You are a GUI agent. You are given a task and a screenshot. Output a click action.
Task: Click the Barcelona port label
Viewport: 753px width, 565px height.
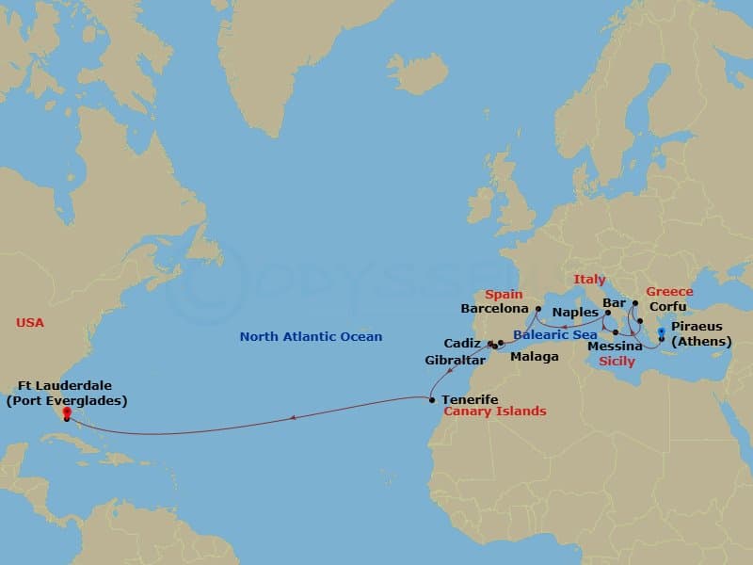[x=494, y=308]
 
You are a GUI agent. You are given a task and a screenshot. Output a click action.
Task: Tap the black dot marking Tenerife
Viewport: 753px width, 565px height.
[x=432, y=400]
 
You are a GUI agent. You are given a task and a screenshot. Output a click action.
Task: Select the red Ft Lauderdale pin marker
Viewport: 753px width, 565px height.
[x=66, y=412]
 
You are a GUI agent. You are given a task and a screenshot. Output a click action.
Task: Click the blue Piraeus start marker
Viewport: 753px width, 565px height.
[x=662, y=331]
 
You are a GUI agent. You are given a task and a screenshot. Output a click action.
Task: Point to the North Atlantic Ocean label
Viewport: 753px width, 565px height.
[x=311, y=337]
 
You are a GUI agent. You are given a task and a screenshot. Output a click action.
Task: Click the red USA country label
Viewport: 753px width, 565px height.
[x=30, y=323]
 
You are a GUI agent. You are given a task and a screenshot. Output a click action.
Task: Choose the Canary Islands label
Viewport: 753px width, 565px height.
[x=494, y=412]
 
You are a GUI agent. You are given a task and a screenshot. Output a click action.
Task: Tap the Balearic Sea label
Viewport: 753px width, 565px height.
[x=555, y=335]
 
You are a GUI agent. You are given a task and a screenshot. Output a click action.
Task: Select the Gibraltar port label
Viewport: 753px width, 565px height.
[x=456, y=361]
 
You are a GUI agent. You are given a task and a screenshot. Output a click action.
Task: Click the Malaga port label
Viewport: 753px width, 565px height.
[x=534, y=357]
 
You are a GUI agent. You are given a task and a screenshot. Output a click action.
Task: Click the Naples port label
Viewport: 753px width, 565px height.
[x=576, y=312]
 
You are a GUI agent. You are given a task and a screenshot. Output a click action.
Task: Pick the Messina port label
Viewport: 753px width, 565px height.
[x=615, y=347]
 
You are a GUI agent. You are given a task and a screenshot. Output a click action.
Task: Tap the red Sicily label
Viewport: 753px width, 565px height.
[x=617, y=361]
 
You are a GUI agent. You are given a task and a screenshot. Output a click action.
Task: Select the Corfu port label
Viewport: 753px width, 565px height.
[x=668, y=307]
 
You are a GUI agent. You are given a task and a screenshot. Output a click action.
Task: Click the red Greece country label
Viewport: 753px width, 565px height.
[x=669, y=292]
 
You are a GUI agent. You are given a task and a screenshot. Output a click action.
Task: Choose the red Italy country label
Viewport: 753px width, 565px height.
[x=590, y=280]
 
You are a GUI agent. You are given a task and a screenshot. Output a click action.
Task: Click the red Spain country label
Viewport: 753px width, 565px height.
[x=504, y=295]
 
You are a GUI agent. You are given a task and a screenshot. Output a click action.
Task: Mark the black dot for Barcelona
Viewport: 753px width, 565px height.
[x=536, y=308]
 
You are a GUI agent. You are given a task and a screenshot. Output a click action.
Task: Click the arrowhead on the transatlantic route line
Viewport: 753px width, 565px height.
[x=295, y=417]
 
